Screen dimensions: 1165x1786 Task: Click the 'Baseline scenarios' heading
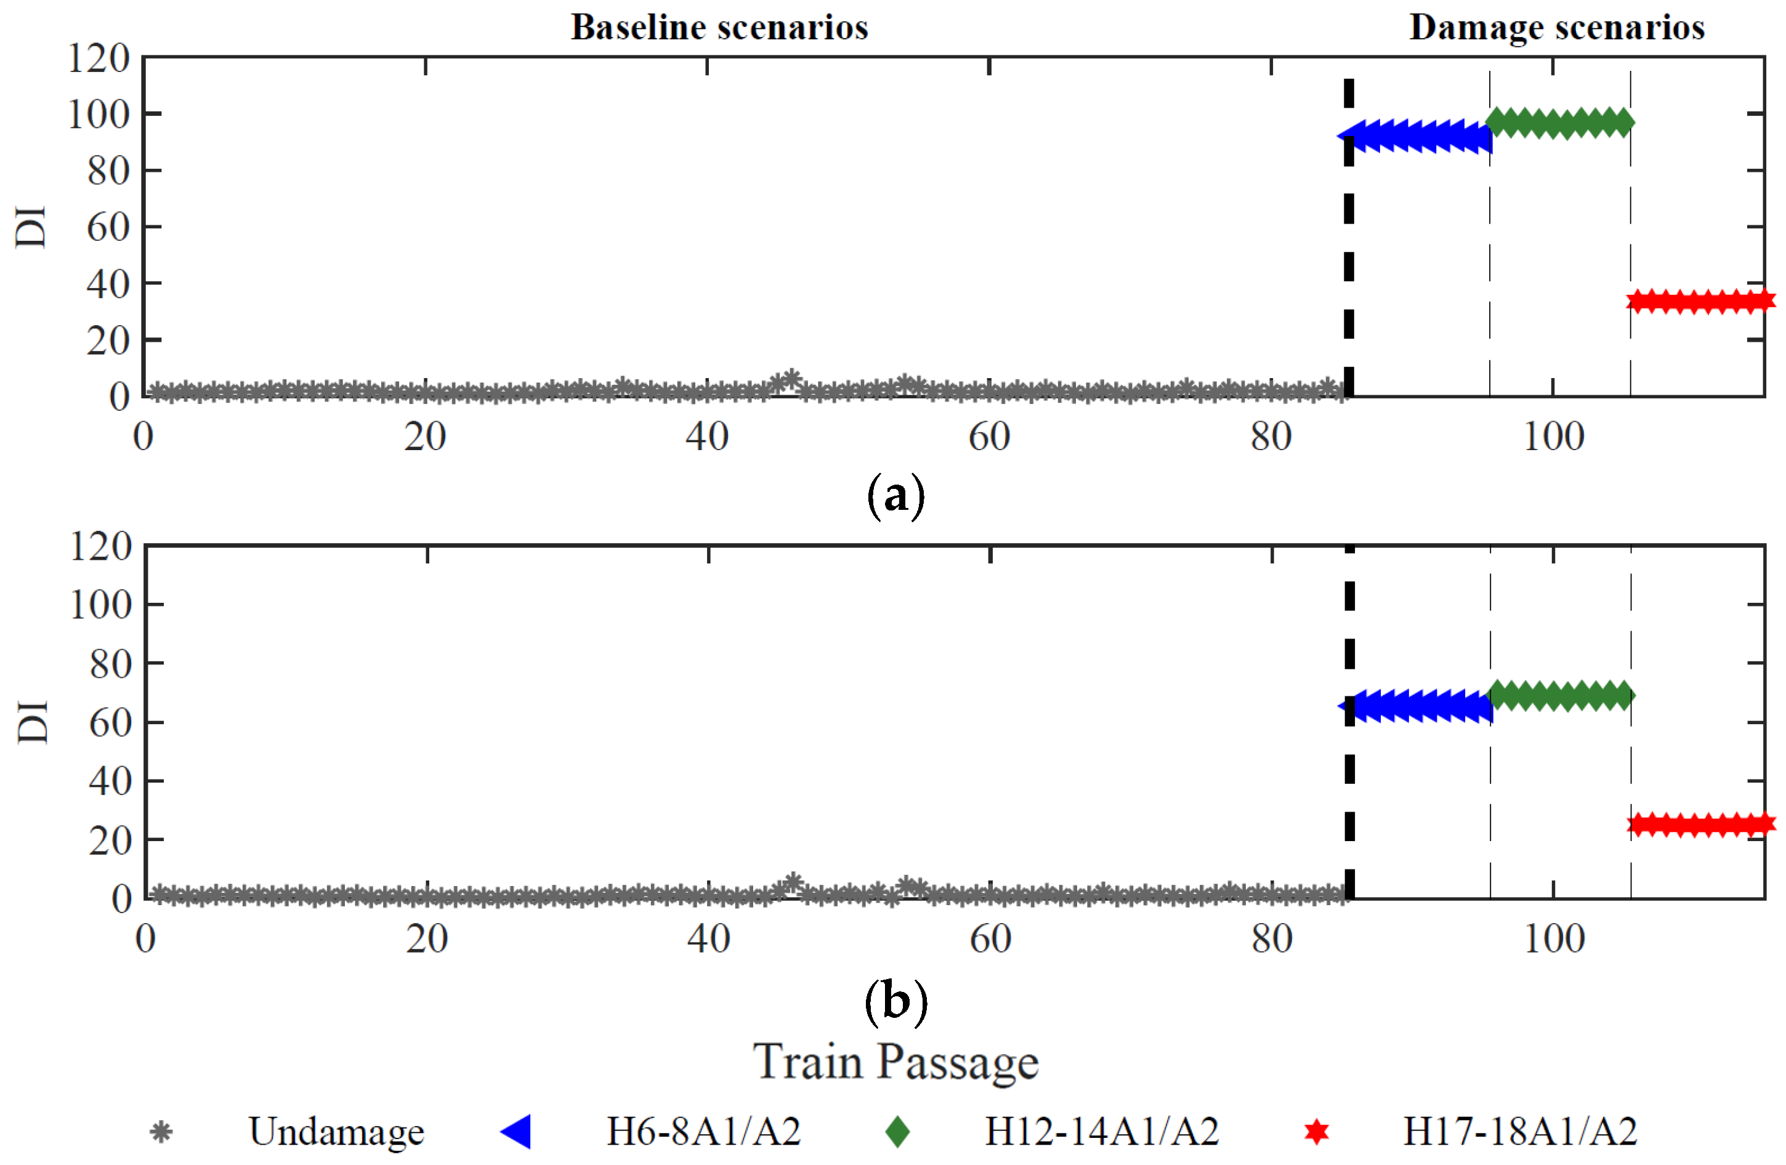coord(719,27)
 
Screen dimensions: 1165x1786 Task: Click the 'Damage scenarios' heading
coord(1556,27)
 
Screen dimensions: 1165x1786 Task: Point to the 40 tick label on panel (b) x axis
coord(708,938)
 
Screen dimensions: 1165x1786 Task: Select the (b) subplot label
coord(896,1001)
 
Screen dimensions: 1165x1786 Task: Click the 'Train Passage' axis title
coord(896,1062)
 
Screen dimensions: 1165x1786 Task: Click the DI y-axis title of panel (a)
coord(31,226)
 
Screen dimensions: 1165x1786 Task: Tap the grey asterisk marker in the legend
coord(161,1131)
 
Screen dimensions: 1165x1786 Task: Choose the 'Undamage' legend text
coord(336,1131)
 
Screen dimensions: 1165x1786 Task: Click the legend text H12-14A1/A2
coord(1101,1131)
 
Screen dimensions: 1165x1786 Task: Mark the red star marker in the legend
coord(1316,1131)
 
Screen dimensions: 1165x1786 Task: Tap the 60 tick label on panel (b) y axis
coord(110,722)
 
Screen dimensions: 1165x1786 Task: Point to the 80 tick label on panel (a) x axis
coord(1271,437)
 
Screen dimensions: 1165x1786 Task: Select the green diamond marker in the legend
coord(897,1131)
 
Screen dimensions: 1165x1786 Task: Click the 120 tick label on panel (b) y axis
coord(100,546)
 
